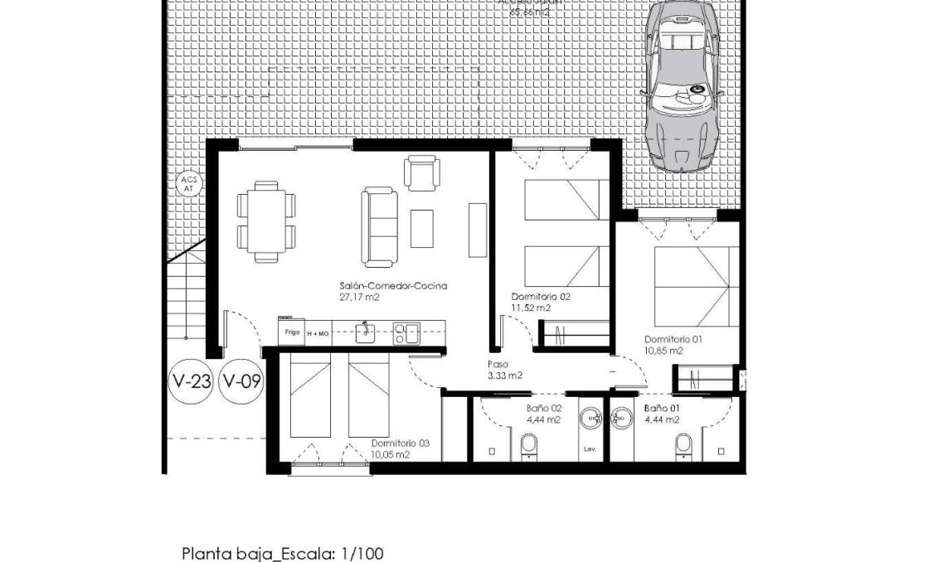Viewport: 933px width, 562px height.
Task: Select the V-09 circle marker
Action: [x=243, y=382]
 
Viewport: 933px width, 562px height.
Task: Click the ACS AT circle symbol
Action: [x=187, y=184]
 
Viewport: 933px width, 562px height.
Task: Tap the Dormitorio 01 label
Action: [x=673, y=345]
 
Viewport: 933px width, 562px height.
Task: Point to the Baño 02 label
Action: [x=544, y=414]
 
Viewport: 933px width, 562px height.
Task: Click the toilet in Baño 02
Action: [x=527, y=447]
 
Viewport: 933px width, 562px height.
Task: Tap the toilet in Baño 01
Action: [x=683, y=445]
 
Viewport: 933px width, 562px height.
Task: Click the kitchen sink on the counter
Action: [x=365, y=332]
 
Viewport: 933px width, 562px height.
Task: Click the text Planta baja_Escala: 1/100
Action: [x=283, y=553]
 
